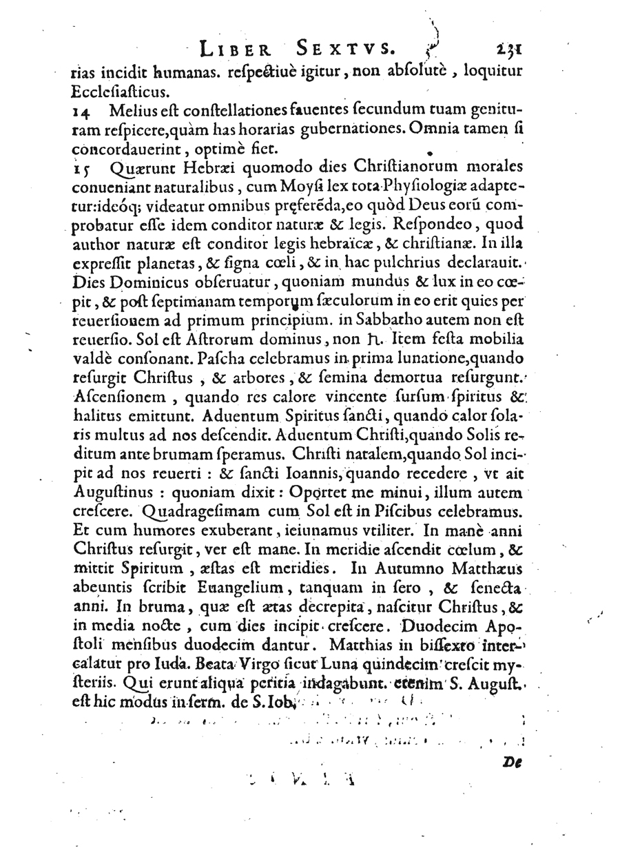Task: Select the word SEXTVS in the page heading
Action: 346,48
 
